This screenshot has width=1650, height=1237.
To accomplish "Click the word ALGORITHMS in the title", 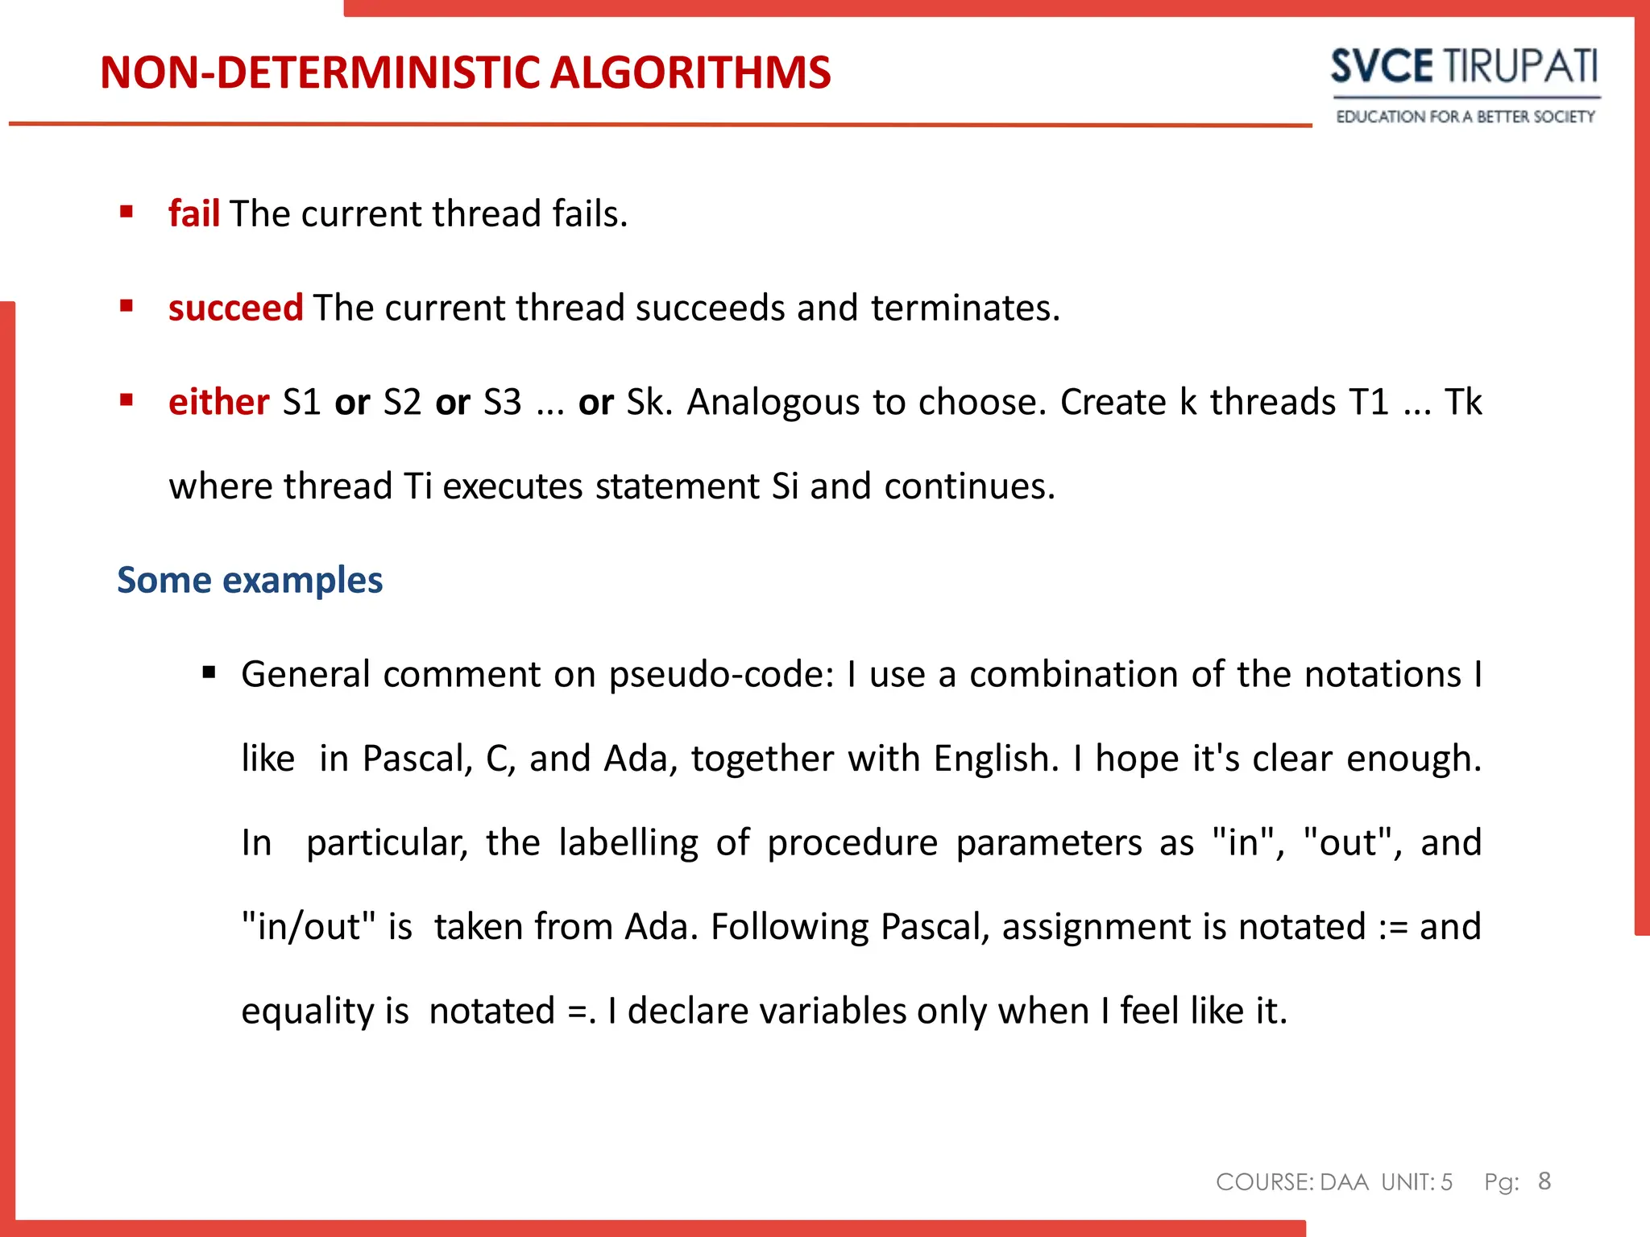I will point(690,72).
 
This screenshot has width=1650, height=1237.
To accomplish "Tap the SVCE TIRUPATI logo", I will point(1464,66).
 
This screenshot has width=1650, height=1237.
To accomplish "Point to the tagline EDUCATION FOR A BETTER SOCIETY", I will point(1465,117).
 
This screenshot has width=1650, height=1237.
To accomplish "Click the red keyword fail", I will point(193,214).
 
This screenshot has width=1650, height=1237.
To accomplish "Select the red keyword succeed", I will point(235,308).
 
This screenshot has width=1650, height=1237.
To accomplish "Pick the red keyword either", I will point(218,402).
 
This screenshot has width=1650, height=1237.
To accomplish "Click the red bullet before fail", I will point(126,213).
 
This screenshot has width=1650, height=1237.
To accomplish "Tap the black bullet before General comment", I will point(209,672).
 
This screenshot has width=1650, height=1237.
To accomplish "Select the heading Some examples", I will point(250,580).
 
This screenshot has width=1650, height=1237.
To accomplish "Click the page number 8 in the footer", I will point(1544,1181).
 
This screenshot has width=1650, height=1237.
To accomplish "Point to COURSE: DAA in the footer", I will point(1291,1182).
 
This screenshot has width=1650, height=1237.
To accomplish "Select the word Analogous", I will point(773,402).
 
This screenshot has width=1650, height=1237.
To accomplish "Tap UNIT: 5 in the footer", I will point(1416,1182).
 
